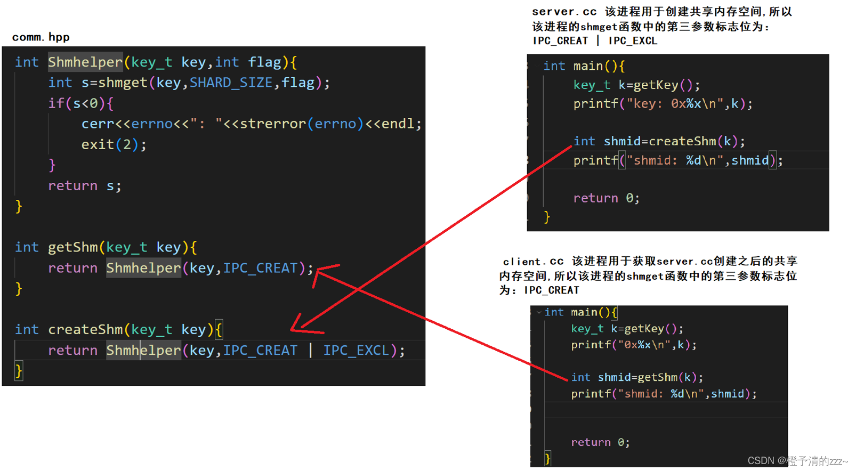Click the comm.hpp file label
pyautogui.click(x=41, y=37)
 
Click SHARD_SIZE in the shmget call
pyautogui.click(x=231, y=83)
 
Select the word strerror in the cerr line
pyautogui.click(x=272, y=124)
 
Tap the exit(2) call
pyautogui.click(x=113, y=144)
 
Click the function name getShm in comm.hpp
pyautogui.click(x=73, y=247)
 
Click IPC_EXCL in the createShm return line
pyautogui.click(x=356, y=350)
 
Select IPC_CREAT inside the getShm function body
pyautogui.click(x=260, y=268)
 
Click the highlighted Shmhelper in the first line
pyautogui.click(x=85, y=62)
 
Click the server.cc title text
pyautogui.click(x=564, y=12)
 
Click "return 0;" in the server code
pyautogui.click(x=606, y=198)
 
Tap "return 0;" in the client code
pyautogui.click(x=600, y=442)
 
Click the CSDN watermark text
pyautogui.click(x=797, y=461)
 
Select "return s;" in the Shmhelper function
pyautogui.click(x=85, y=186)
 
